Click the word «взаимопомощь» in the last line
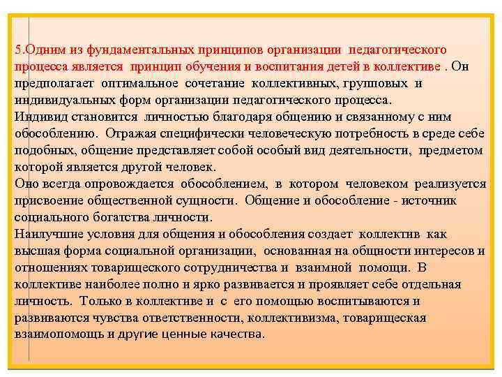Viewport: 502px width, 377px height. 53,334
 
